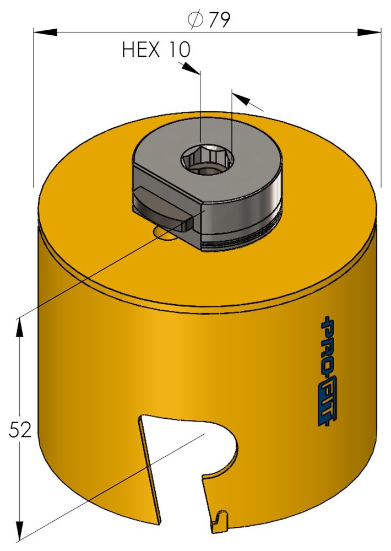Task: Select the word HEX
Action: [x=141, y=50]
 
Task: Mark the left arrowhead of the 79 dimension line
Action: [x=44, y=33]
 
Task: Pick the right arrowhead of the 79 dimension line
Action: [x=370, y=33]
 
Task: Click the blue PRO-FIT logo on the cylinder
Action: [x=326, y=371]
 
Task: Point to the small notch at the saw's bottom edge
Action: [x=221, y=518]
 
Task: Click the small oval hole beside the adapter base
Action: [x=165, y=234]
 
